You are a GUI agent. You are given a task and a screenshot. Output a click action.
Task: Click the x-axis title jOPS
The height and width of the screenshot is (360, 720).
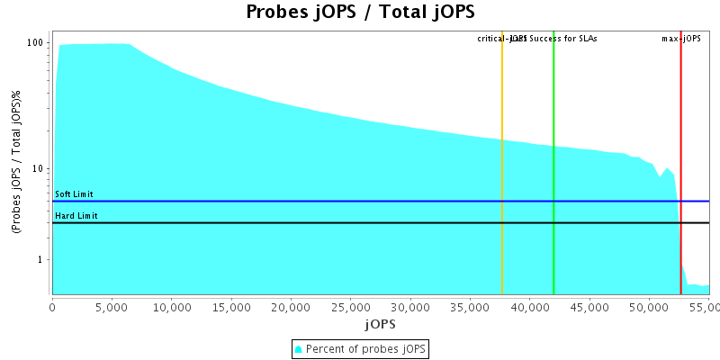pyautogui.click(x=380, y=323)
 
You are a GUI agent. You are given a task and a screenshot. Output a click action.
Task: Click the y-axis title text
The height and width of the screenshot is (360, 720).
pyautogui.click(x=17, y=162)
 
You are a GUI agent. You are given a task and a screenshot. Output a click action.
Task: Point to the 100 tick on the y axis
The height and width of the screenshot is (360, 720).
pyautogui.click(x=35, y=43)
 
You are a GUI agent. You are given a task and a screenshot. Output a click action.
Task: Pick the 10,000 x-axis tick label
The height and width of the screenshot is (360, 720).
pyautogui.click(x=171, y=307)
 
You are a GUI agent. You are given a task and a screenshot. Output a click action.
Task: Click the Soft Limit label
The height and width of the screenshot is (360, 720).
pyautogui.click(x=74, y=194)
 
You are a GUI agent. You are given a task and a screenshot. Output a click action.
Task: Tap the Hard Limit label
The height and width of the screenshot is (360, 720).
pyautogui.click(x=76, y=216)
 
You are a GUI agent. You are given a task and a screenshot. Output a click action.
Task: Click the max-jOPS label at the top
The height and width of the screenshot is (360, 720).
pyautogui.click(x=681, y=39)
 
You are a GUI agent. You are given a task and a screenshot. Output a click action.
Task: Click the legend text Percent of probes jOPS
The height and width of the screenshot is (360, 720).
pyautogui.click(x=366, y=348)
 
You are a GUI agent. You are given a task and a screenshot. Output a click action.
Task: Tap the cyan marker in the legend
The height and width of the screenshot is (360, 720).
pyautogui.click(x=300, y=348)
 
